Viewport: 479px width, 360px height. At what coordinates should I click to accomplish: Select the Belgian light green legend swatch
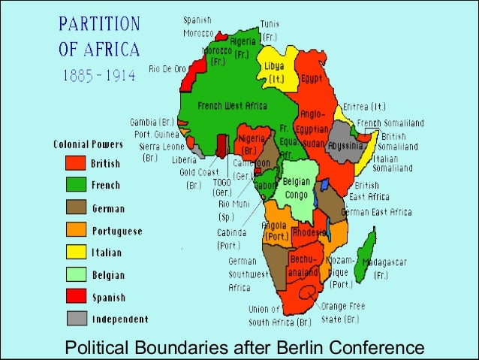[75, 275]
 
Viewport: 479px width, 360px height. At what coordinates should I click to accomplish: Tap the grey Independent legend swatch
[75, 319]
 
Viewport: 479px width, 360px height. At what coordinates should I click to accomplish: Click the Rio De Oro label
[167, 69]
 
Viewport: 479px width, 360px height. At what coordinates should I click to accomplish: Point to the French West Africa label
[230, 106]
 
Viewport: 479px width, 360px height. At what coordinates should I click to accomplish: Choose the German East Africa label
[377, 212]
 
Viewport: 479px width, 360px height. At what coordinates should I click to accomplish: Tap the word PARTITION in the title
[98, 25]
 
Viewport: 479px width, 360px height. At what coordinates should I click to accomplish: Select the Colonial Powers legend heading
[87, 144]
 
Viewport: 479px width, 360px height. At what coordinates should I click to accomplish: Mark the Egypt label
[312, 77]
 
